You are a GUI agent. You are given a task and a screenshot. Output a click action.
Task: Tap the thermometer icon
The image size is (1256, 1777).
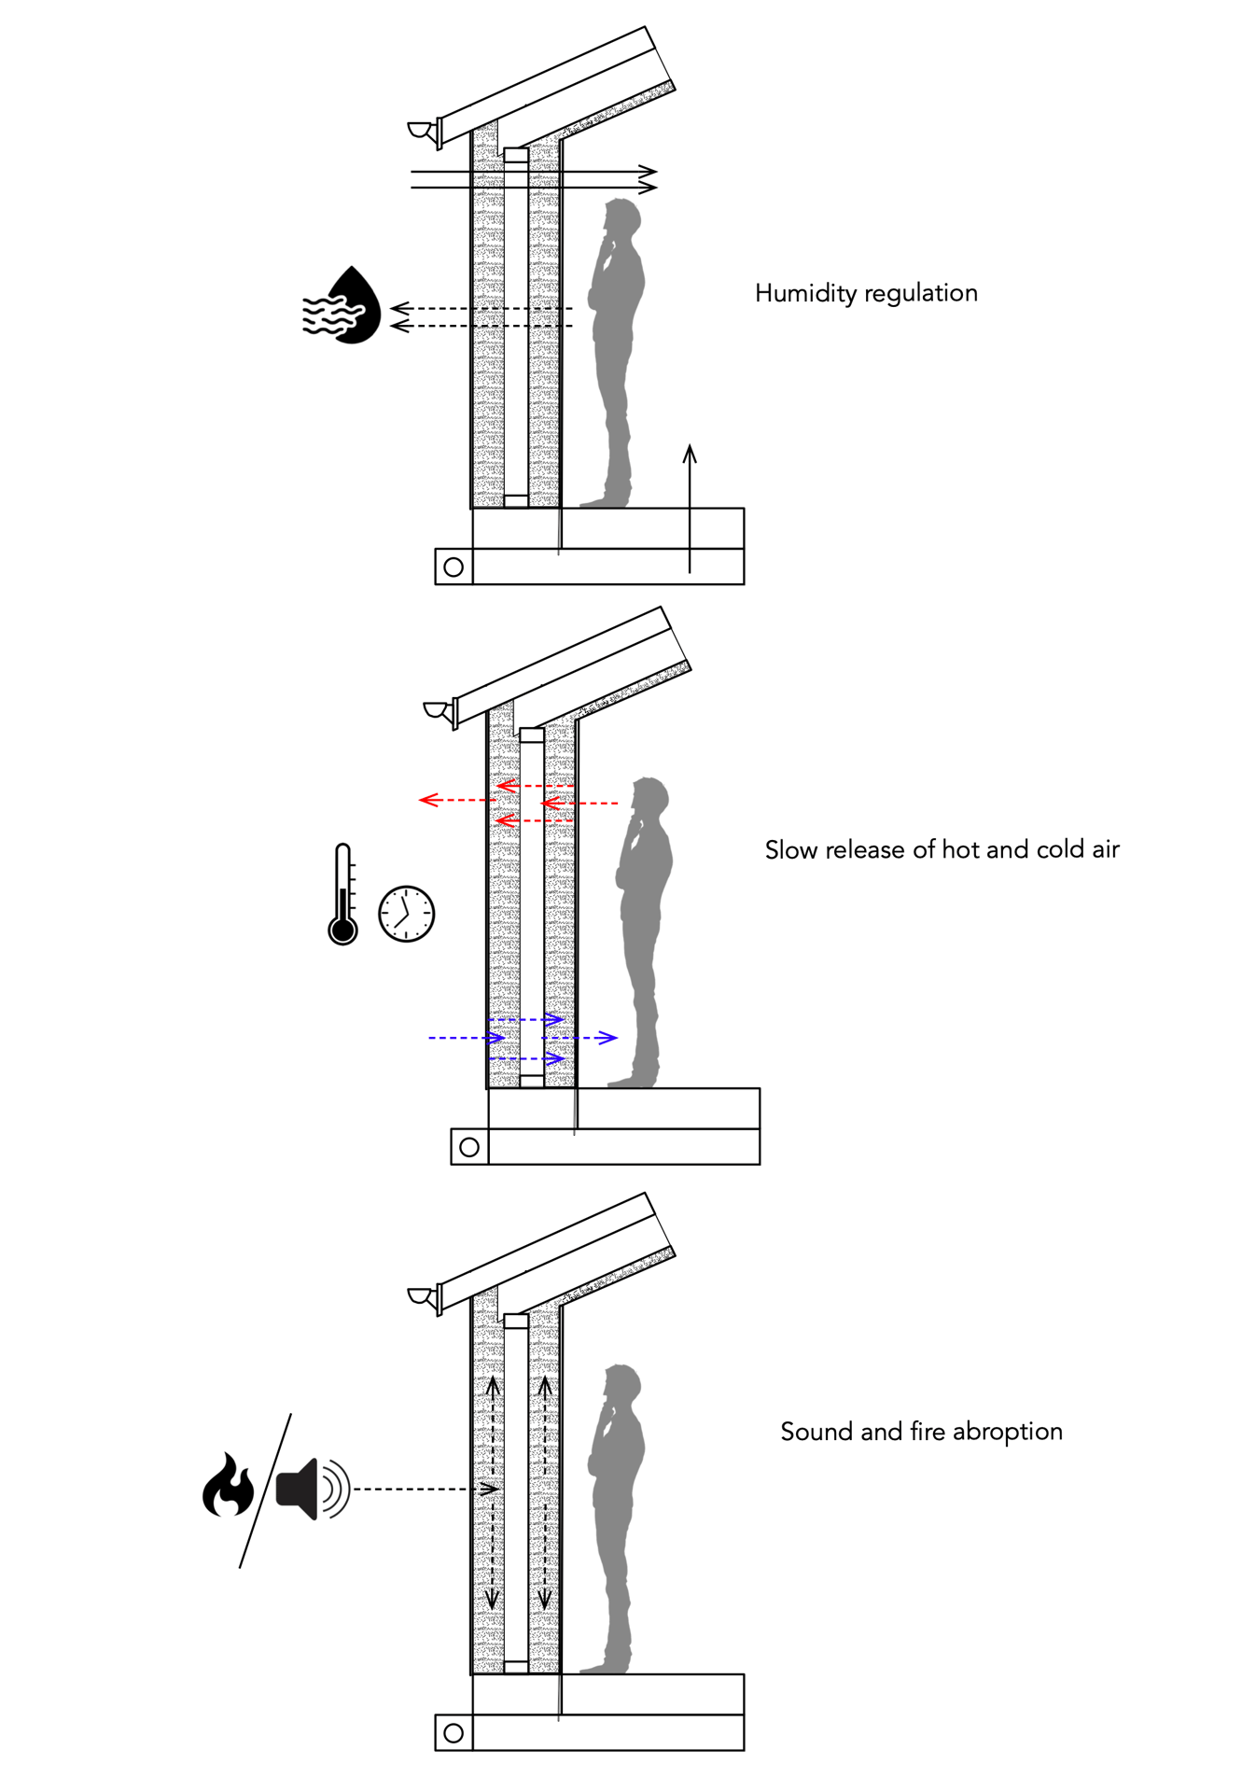pyautogui.click(x=342, y=896)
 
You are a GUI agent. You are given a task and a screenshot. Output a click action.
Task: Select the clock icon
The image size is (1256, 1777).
pyautogui.click(x=407, y=914)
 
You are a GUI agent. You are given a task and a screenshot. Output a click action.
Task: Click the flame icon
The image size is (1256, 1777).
pyautogui.click(x=228, y=1485)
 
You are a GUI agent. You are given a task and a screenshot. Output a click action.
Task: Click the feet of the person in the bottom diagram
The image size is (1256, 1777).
pyautogui.click(x=607, y=1665)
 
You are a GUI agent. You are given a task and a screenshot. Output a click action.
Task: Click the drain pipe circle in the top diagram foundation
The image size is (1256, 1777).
pyautogui.click(x=454, y=567)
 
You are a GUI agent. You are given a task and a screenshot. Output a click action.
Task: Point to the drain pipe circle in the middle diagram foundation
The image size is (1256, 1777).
pyautogui.click(x=469, y=1147)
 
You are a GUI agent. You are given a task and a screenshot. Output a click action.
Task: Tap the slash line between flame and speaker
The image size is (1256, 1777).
pyautogui.click(x=266, y=1490)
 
